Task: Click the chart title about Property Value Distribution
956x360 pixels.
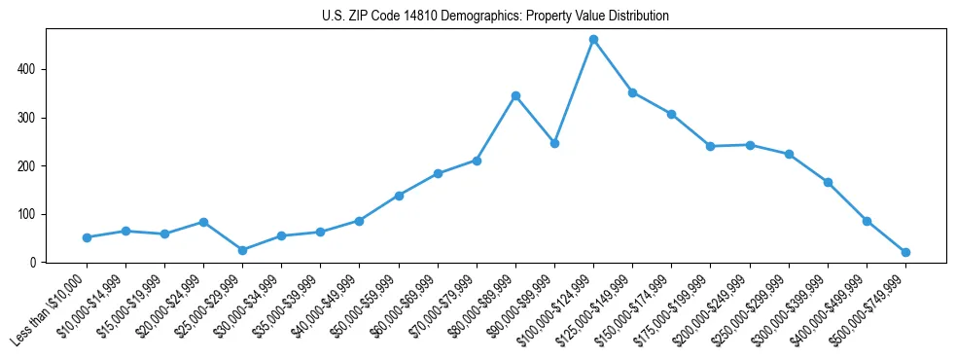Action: [495, 17]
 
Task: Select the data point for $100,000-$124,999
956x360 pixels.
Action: [593, 40]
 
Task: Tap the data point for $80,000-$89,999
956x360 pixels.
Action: [515, 95]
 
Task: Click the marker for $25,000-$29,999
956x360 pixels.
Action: [242, 250]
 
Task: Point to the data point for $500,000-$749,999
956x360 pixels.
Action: [905, 252]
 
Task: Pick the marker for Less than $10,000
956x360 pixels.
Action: [87, 237]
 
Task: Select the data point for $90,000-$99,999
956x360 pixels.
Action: [554, 143]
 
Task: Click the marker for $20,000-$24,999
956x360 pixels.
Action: [203, 222]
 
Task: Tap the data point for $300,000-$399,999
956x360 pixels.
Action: [828, 182]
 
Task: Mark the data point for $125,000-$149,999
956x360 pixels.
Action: [632, 92]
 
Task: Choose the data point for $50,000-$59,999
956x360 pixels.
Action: [399, 196]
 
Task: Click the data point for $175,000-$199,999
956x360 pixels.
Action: [710, 146]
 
